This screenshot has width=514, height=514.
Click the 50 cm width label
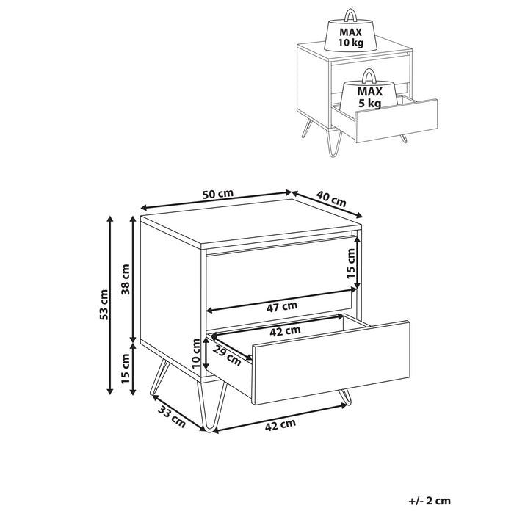(x=217, y=194)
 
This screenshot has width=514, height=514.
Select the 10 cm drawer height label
(x=195, y=352)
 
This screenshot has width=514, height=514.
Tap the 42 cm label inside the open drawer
(x=286, y=330)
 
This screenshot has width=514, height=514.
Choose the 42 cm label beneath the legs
(x=281, y=424)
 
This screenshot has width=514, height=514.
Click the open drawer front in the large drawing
(x=330, y=360)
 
